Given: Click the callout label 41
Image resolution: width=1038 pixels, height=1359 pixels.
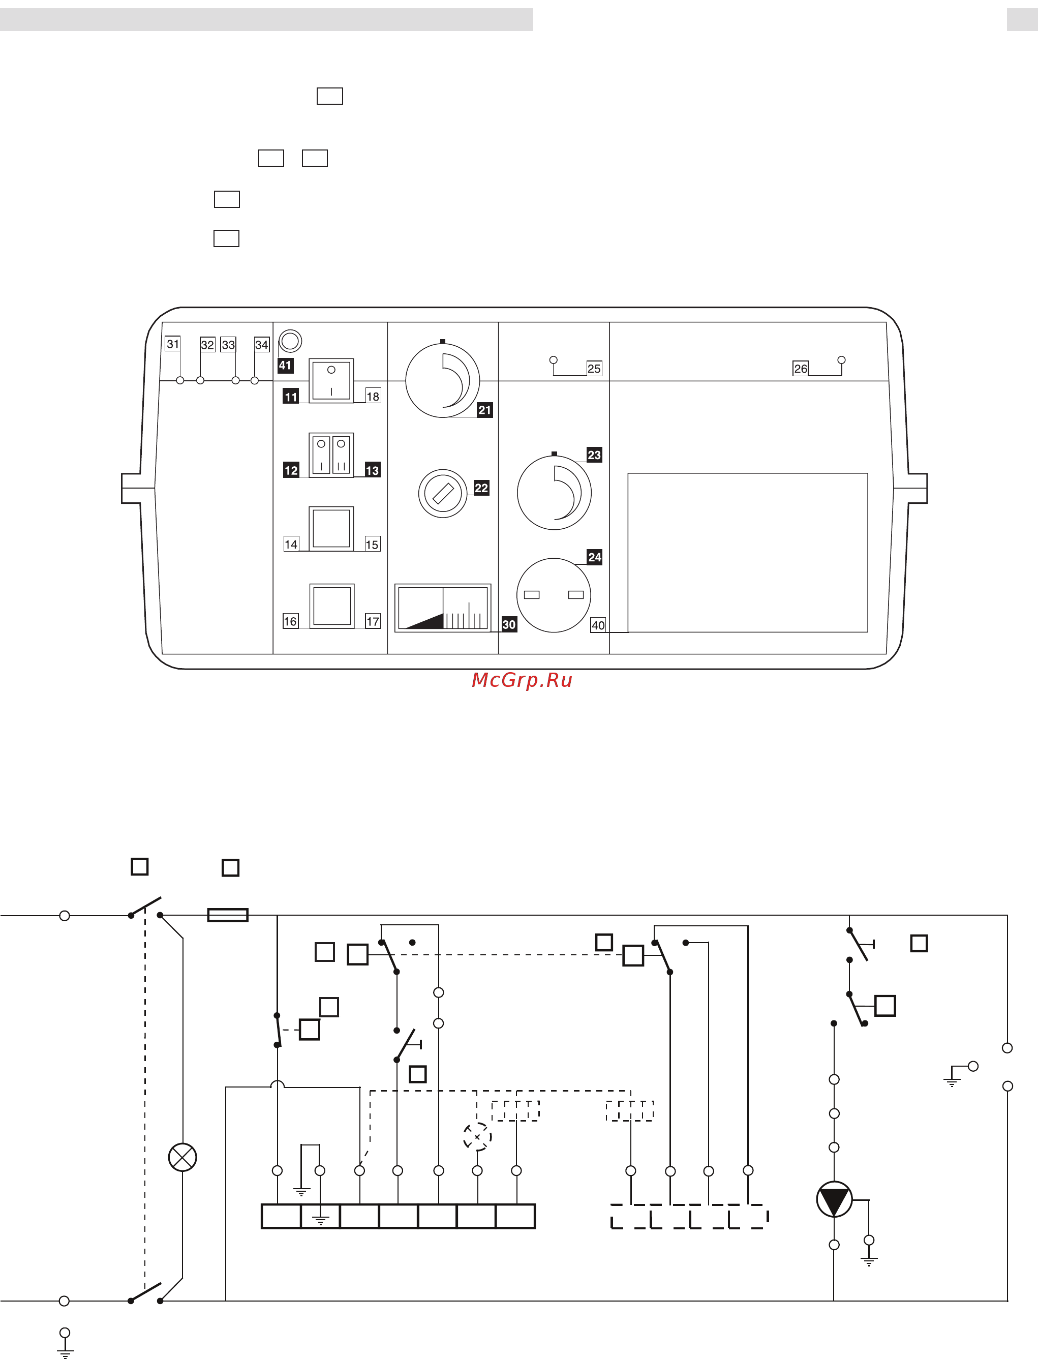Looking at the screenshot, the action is coord(285,365).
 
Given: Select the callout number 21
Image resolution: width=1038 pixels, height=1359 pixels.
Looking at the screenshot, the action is coord(484,410).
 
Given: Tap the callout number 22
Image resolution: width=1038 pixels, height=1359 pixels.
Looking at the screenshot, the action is coord(481,488).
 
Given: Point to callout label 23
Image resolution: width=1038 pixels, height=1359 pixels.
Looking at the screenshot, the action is coord(594,455).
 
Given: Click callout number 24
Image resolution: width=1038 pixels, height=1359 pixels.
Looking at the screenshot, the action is coord(594,557).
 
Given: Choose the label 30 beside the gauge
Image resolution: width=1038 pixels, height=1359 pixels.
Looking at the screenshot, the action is coord(508,624).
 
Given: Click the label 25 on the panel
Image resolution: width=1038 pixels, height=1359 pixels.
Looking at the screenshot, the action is coord(594,368).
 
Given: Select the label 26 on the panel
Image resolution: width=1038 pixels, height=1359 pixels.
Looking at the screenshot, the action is coord(800,368).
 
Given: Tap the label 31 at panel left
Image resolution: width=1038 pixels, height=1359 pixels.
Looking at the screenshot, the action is coord(172,344).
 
